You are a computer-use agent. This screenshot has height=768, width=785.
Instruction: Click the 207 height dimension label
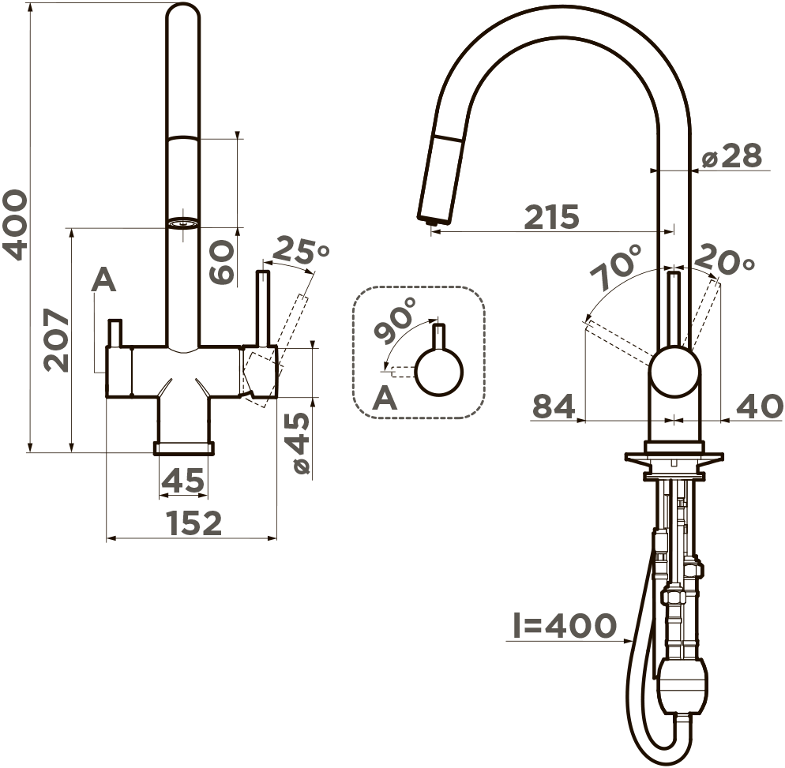[x=55, y=341]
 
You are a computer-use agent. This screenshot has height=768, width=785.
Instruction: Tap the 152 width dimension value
[x=193, y=523]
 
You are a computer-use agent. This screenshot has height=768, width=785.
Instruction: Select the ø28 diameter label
[x=731, y=155]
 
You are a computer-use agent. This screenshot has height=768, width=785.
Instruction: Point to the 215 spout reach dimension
[x=552, y=216]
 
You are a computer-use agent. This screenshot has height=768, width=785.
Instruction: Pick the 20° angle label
[x=724, y=259]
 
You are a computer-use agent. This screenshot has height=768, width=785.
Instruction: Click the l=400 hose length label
[x=565, y=625]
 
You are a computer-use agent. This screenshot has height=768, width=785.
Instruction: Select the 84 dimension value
[x=554, y=406]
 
